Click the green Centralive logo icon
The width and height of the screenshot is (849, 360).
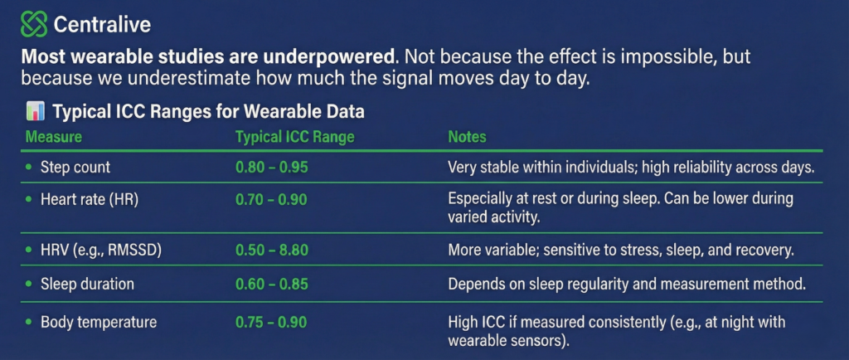(33, 24)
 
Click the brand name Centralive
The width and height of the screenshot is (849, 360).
(102, 24)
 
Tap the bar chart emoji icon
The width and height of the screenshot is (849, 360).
(35, 112)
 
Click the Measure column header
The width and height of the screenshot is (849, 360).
(54, 137)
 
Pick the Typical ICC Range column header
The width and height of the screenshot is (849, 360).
(294, 137)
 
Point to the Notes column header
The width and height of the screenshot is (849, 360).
(467, 137)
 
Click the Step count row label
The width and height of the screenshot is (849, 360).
(75, 168)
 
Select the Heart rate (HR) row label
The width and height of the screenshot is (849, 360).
(90, 200)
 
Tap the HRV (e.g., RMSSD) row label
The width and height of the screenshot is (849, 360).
(100, 251)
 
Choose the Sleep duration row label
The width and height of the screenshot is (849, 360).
(87, 284)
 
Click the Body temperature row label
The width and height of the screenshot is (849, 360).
(99, 323)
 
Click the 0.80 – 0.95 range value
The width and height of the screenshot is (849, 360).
(272, 168)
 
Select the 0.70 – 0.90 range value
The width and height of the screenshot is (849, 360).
(271, 200)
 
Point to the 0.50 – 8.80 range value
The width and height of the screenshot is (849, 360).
(272, 251)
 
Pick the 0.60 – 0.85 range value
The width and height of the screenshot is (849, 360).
(272, 284)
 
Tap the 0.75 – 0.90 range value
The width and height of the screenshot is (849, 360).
(271, 323)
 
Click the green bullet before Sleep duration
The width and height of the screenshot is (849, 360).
(29, 285)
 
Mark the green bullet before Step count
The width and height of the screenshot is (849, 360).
(29, 168)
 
